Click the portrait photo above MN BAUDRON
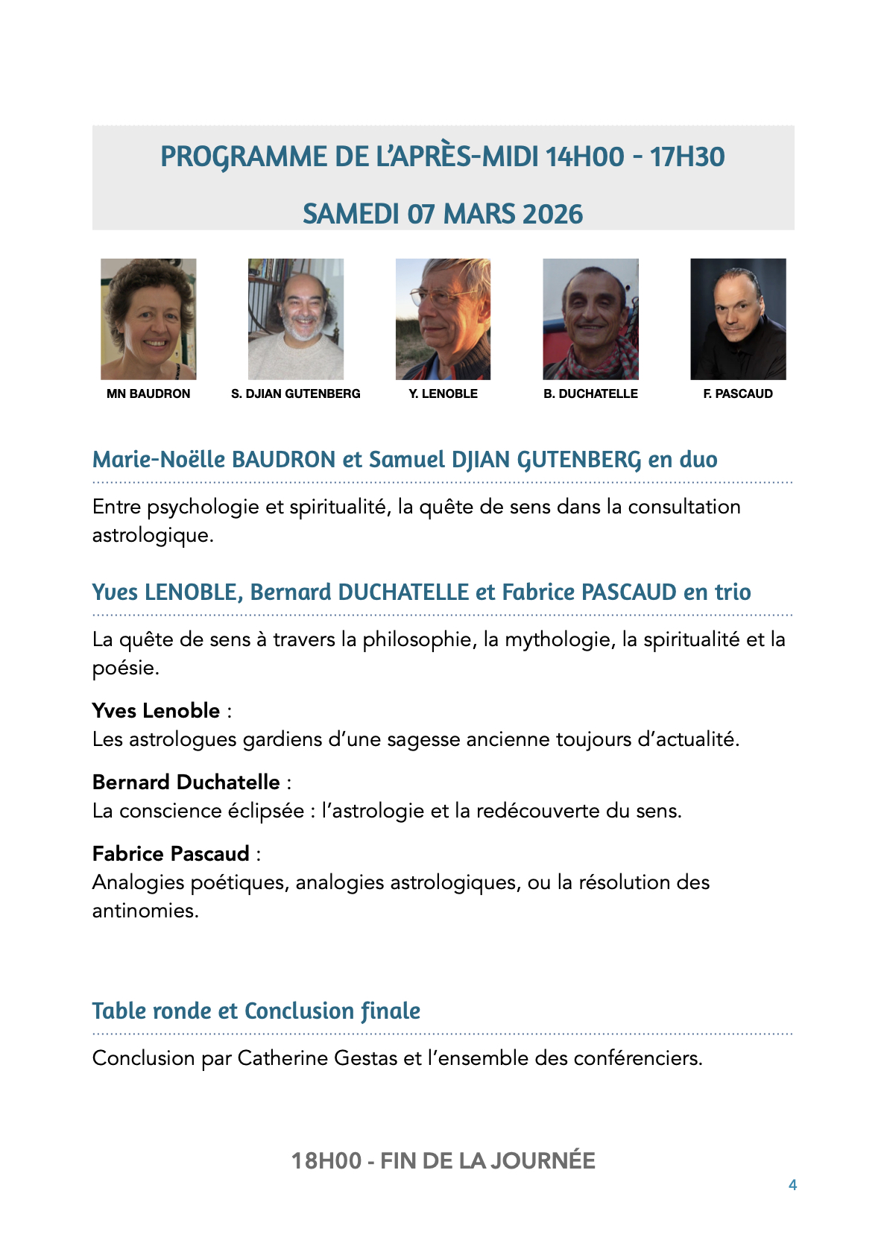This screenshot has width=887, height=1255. click(148, 319)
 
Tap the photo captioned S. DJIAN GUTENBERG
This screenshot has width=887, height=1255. click(296, 319)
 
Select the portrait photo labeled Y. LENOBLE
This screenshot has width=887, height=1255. click(443, 319)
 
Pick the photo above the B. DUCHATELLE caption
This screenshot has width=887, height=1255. click(590, 319)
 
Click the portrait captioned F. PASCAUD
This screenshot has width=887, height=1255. click(738, 319)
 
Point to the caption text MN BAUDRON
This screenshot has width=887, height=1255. click(148, 393)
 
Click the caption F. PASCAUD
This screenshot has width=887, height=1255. click(738, 393)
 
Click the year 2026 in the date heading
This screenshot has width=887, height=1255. click(553, 215)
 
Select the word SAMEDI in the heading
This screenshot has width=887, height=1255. click(350, 215)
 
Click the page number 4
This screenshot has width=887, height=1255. click(792, 1185)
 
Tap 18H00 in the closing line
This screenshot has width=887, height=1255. click(326, 1160)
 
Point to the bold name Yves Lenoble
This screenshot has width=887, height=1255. click(157, 710)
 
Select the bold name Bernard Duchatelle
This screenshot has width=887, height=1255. click(186, 782)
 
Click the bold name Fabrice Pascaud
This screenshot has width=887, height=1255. click(171, 853)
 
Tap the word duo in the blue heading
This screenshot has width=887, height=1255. click(698, 460)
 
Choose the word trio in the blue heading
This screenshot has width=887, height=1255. click(733, 592)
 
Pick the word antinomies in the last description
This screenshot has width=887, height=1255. click(145, 911)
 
